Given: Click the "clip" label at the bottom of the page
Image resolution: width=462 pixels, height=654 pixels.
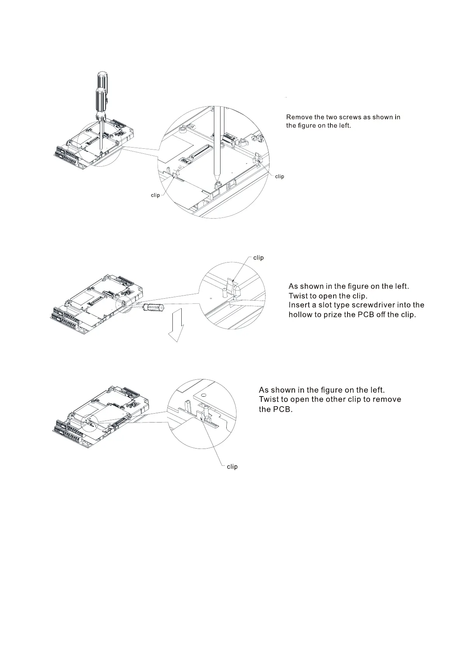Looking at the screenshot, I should tap(232, 466).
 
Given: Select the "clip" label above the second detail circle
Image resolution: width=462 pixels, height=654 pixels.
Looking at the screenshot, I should tap(258, 257).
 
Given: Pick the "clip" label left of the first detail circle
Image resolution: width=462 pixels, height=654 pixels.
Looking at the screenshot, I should tap(155, 195).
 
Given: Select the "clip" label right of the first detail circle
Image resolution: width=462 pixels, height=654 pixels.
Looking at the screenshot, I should tap(280, 176).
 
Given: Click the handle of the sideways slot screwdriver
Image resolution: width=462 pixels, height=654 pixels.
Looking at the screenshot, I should tap(153, 308).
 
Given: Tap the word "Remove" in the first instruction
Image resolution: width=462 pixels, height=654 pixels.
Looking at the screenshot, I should tap(299, 117).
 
